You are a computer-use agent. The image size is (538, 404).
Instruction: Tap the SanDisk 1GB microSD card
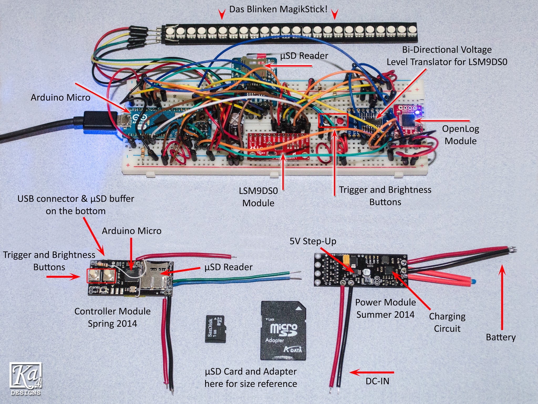click(x=215, y=329)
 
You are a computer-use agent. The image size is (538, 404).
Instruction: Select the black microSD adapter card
click(x=283, y=331)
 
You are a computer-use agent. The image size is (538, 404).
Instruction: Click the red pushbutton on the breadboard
click(x=340, y=121)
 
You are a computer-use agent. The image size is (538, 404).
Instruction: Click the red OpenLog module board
click(x=408, y=121)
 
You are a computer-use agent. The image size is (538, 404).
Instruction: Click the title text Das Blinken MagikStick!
click(x=278, y=9)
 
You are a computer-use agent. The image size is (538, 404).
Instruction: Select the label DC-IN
click(x=377, y=381)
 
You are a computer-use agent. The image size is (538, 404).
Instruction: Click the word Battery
click(x=501, y=337)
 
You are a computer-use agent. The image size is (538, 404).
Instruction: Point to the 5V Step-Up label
click(x=313, y=241)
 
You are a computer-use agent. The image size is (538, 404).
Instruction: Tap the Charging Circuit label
click(x=447, y=322)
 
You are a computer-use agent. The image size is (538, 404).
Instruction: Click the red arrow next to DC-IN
click(x=371, y=372)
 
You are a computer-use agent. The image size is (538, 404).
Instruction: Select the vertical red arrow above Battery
click(x=502, y=297)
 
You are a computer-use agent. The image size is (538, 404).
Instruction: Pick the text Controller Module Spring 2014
click(x=112, y=317)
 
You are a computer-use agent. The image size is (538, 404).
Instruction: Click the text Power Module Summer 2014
click(x=385, y=308)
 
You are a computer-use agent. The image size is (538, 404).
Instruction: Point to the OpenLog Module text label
click(x=461, y=135)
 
